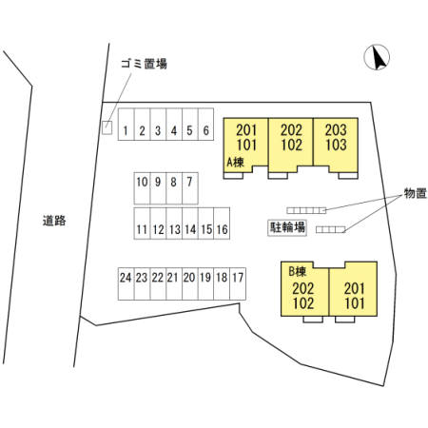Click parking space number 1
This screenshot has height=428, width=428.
(x=126, y=125)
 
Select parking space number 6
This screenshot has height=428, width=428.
(x=205, y=125)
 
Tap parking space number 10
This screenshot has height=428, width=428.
(x=142, y=188)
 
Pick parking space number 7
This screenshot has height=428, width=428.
(x=190, y=188)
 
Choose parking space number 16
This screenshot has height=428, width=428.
(x=222, y=224)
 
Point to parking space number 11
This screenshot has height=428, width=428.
(x=142, y=224)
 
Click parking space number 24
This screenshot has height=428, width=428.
(x=126, y=283)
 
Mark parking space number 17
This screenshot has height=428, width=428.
(x=238, y=283)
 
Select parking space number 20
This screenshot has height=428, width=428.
(x=190, y=283)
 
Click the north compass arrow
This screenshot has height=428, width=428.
(x=378, y=57)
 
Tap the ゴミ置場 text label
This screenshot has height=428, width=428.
(x=144, y=64)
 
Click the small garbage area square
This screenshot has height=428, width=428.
(x=107, y=127)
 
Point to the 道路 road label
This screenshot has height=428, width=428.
(x=54, y=221)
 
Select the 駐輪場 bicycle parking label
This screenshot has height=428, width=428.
(x=287, y=227)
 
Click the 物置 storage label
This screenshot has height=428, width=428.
(x=416, y=193)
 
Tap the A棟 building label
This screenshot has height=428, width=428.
(x=236, y=163)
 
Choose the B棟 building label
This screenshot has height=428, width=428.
(x=298, y=271)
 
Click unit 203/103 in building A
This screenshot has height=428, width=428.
(x=336, y=146)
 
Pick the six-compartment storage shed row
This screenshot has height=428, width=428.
(x=306, y=210)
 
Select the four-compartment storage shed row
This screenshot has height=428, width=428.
(x=330, y=229)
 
